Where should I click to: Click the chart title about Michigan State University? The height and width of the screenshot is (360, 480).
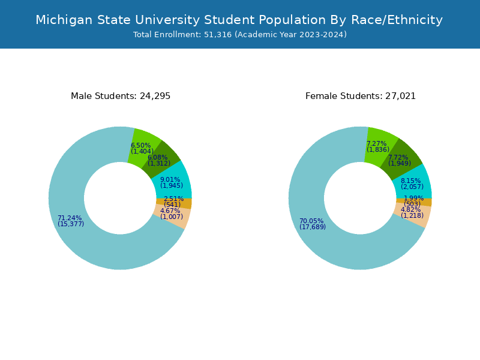[239, 20]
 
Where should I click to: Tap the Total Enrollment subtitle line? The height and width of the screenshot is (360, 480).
[240, 35]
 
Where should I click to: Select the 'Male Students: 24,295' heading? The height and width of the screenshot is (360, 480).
[121, 96]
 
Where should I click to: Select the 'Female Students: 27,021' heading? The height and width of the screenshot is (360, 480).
[361, 96]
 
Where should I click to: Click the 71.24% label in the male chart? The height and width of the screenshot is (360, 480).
[70, 218]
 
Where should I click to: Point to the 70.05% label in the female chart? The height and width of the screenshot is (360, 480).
[311, 221]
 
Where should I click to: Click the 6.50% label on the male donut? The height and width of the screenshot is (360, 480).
[141, 145]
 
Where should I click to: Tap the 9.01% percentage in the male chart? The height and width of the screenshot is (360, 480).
[170, 179]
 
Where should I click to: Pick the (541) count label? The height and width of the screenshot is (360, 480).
[172, 205]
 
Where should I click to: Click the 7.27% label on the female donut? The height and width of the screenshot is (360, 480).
[377, 143]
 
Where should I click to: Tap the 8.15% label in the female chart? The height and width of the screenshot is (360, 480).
[411, 181]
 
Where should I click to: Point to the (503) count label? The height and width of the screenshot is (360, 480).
[412, 204]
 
